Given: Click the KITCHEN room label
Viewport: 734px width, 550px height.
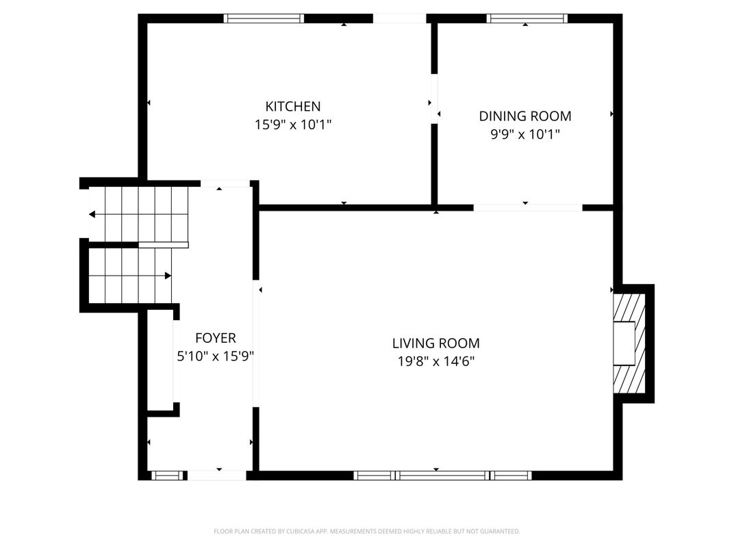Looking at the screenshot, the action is click(x=293, y=107).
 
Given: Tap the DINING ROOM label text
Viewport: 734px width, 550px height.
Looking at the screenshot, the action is click(x=524, y=116).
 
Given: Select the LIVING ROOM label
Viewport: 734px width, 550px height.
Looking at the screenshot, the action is click(x=435, y=343).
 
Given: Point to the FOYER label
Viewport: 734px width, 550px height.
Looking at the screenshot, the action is click(x=215, y=338).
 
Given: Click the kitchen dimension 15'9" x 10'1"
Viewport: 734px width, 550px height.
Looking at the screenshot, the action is click(x=293, y=125).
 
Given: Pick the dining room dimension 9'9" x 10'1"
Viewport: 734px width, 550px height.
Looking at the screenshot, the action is click(x=524, y=135).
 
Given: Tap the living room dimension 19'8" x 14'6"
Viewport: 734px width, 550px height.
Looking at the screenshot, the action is click(x=435, y=361).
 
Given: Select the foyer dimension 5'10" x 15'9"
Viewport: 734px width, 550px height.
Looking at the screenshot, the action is click(x=215, y=356).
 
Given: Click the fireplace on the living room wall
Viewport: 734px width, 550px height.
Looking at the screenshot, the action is click(x=629, y=343).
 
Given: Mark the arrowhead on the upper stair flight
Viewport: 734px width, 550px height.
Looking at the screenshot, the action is click(x=92, y=214).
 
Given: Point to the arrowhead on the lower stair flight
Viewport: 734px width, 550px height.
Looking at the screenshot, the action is click(x=168, y=276).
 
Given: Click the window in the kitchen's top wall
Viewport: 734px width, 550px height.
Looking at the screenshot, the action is click(x=264, y=18).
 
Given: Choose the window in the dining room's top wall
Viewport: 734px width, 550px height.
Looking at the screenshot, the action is click(x=527, y=18).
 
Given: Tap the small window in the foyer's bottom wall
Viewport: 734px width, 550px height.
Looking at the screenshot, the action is click(x=168, y=475).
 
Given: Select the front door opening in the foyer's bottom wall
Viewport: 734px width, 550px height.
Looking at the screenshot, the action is click(x=217, y=475).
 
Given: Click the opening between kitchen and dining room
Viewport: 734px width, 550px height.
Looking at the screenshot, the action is click(x=434, y=99).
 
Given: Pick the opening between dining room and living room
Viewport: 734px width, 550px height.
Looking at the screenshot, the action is click(x=528, y=208).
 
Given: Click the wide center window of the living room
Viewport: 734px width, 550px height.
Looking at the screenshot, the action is click(x=442, y=475).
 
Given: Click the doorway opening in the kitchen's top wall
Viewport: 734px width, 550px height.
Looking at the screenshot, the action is click(x=399, y=18).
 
